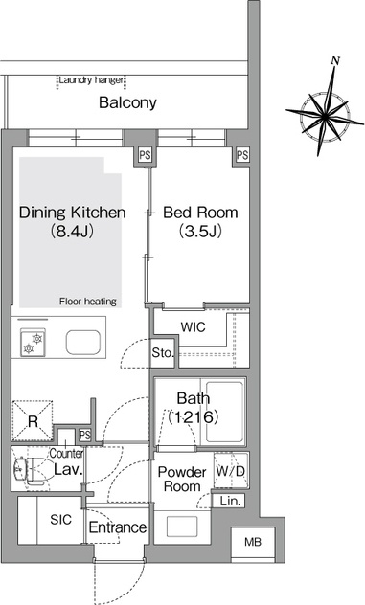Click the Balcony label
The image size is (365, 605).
(x=127, y=102)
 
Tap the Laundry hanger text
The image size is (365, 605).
(x=91, y=80)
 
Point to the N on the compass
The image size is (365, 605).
(x=335, y=60)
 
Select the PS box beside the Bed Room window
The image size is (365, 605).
(x=242, y=155)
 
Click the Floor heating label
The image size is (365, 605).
(x=88, y=302)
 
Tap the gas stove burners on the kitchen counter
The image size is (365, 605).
(x=33, y=343)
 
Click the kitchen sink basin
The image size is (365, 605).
(x=83, y=343)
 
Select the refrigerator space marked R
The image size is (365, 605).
(x=33, y=421)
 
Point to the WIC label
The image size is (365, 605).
(x=194, y=327)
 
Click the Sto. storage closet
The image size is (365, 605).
(x=163, y=352)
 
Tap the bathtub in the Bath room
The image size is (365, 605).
(x=224, y=412)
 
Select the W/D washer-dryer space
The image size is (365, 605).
(x=231, y=471)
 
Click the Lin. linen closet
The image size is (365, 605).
(x=229, y=501)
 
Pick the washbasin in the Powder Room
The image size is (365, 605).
(x=182, y=527)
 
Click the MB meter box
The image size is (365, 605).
(x=253, y=543)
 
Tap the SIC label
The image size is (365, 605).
(x=60, y=520)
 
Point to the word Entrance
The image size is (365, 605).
(x=118, y=527)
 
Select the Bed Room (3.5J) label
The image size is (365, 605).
(x=200, y=221)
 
